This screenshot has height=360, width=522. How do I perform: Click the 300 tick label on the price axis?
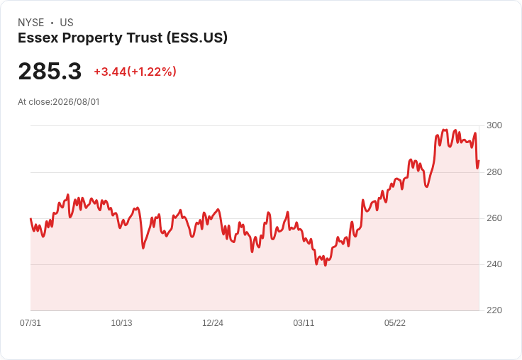(x=494, y=125)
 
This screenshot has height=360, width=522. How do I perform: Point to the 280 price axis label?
(x=494, y=172)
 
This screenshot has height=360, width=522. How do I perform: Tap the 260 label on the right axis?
(x=494, y=218)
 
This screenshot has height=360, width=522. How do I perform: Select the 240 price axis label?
(x=494, y=264)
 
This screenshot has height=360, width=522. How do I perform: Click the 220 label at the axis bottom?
(x=494, y=310)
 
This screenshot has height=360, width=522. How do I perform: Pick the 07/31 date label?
(x=30, y=323)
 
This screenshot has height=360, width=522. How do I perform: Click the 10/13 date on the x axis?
(x=121, y=323)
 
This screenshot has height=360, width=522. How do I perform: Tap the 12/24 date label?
(x=213, y=323)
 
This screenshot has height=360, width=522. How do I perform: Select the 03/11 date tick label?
(x=304, y=323)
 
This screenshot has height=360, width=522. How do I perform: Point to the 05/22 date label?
(x=395, y=323)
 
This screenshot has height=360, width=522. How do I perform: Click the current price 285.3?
(x=50, y=71)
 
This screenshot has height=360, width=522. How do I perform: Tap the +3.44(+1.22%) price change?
(x=135, y=72)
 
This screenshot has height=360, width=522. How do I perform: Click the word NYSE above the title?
(x=31, y=23)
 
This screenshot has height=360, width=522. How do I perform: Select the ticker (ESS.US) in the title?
(x=197, y=38)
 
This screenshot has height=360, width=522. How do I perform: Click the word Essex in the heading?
(x=38, y=38)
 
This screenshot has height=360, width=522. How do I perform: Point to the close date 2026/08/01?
(x=76, y=102)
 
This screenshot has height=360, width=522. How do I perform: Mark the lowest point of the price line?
(x=326, y=266)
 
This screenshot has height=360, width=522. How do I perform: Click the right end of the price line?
(x=479, y=161)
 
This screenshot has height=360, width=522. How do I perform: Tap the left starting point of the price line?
(x=30, y=218)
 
